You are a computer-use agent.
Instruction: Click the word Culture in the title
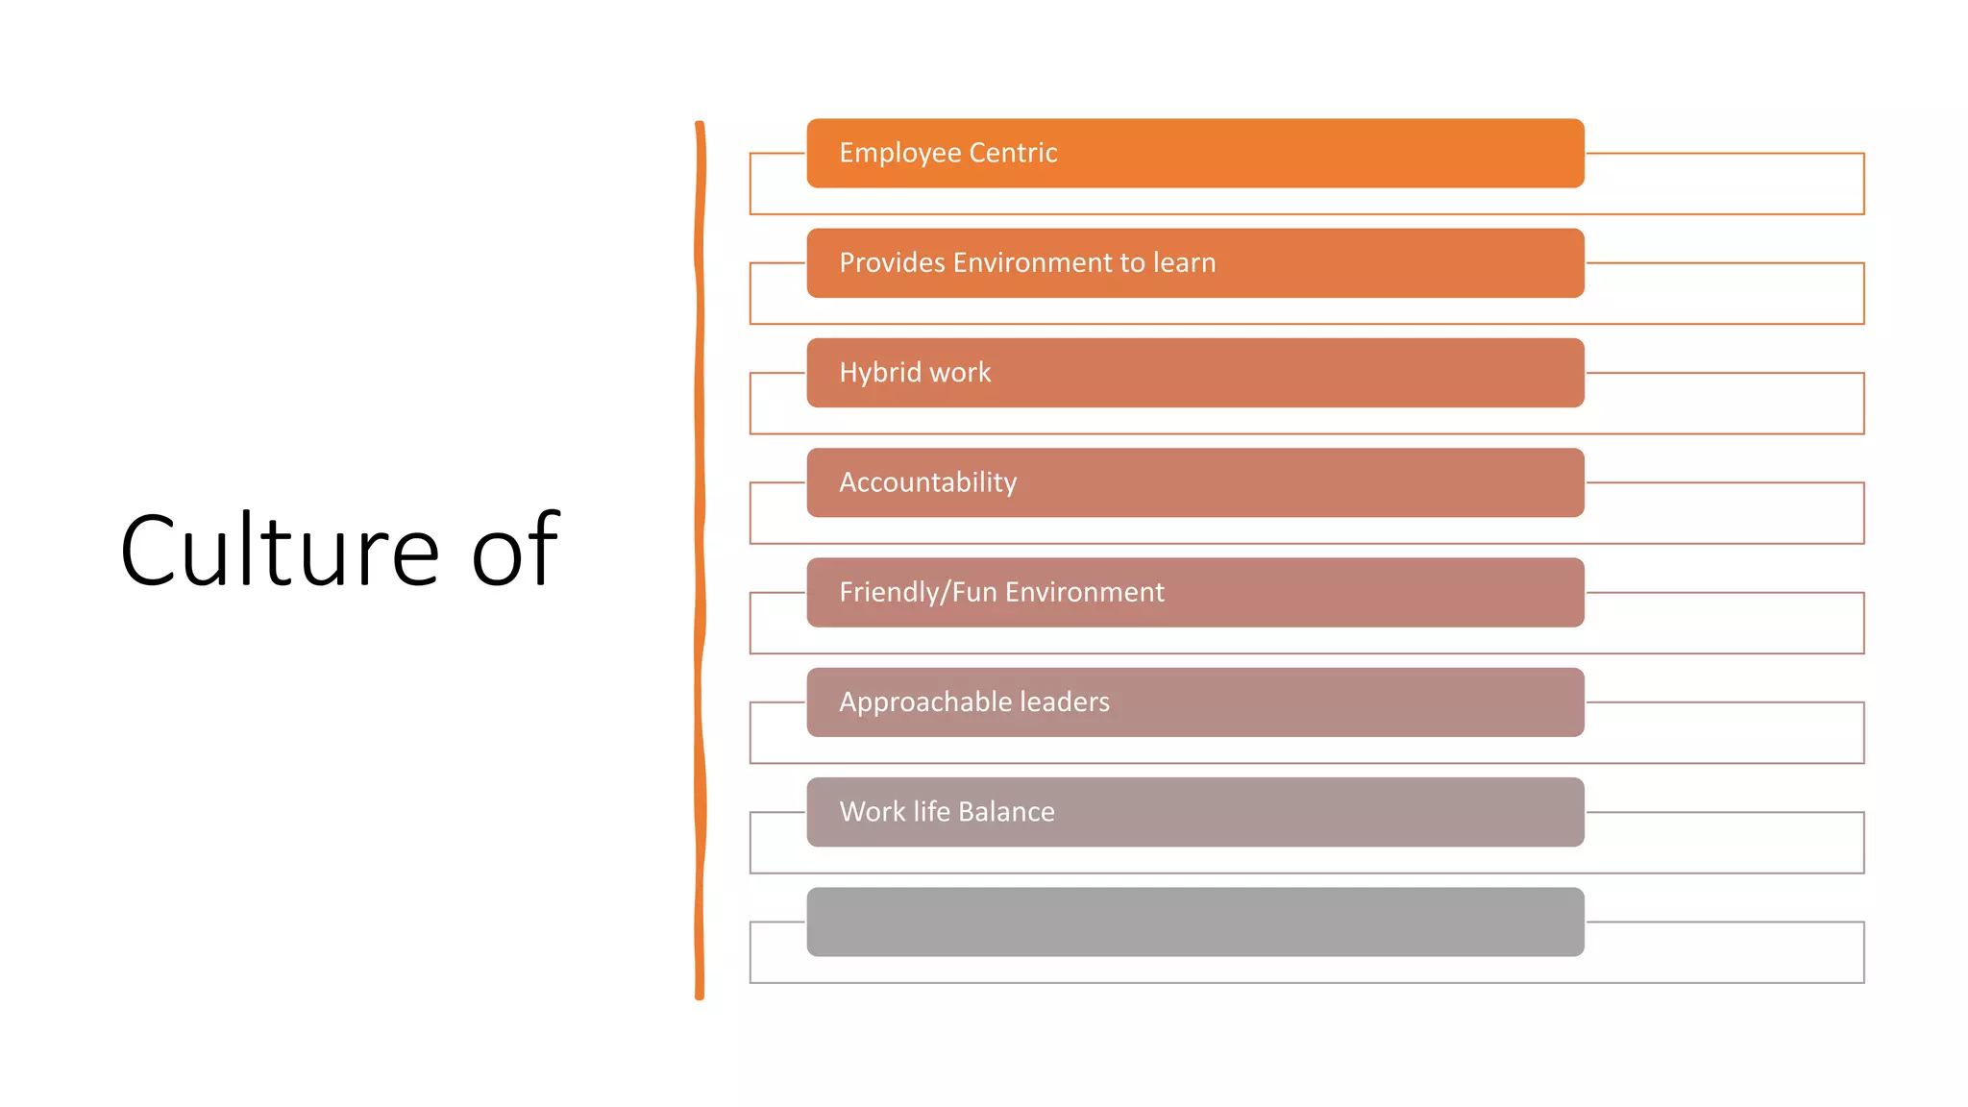point(279,551)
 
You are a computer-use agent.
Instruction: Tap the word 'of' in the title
point(515,551)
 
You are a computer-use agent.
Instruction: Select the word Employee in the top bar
point(899,154)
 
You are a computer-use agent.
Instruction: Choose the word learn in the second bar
point(1184,262)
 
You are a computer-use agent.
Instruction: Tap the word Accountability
point(927,482)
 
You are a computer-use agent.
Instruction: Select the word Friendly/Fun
point(918,592)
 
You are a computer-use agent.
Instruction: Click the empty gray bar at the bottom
point(1194,922)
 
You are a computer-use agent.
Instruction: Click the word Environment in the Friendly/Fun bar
point(1084,592)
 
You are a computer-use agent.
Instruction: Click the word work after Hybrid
point(960,373)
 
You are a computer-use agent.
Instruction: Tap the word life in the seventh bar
point(931,812)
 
